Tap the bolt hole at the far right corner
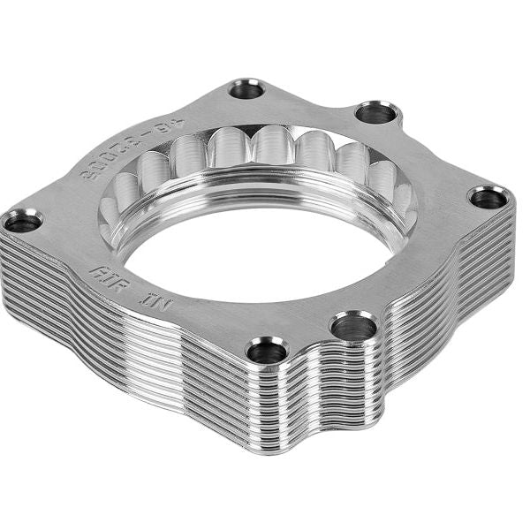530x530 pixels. [488, 198]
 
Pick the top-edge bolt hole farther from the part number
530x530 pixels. [376, 113]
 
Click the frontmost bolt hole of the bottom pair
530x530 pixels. [268, 352]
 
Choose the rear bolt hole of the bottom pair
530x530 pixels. [353, 328]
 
